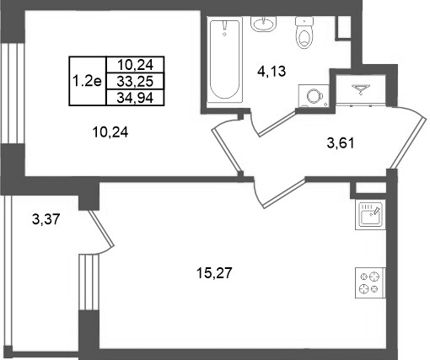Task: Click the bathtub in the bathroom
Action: pos(225,60)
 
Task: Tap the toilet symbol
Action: pos(304,33)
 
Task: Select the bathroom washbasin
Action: pos(264,24)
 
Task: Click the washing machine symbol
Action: pos(314,96)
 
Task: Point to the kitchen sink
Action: pos(370,214)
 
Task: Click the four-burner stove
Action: pos(370,282)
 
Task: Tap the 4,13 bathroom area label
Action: pos(271,71)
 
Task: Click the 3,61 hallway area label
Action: pos(341,143)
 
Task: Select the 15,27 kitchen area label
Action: pos(214,273)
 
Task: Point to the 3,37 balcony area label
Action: pos(46,219)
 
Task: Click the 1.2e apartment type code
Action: pos(87,81)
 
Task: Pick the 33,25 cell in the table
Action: pos(135,82)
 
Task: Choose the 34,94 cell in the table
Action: pos(135,98)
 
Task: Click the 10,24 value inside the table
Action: pos(135,65)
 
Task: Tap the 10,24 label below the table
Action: pos(110,132)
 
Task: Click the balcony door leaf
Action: pos(101,228)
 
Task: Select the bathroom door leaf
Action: pos(277,123)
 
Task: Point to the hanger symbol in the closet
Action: pos(361,89)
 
